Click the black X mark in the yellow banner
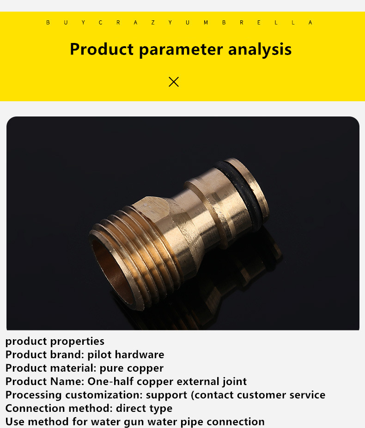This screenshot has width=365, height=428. (x=174, y=82)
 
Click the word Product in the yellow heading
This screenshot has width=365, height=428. (x=102, y=49)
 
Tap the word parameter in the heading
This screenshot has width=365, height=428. (x=181, y=50)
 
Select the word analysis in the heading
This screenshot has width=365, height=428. (x=260, y=50)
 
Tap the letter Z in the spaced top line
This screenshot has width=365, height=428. (x=153, y=23)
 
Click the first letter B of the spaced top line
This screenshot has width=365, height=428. (x=48, y=23)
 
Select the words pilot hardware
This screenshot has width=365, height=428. (x=126, y=355)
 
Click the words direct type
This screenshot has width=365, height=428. (x=144, y=409)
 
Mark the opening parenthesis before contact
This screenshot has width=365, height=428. (x=192, y=395)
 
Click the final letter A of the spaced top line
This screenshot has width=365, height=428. (x=310, y=23)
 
